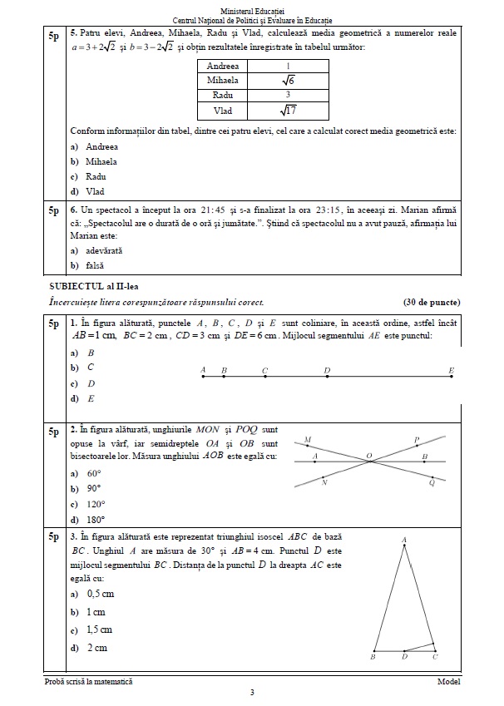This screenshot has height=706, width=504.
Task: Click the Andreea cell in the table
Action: pyautogui.click(x=223, y=66)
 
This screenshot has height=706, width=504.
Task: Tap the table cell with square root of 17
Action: pyautogui.click(x=288, y=110)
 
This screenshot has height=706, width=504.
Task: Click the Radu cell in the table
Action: pyautogui.click(x=223, y=95)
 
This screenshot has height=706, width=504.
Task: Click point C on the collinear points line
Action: pyautogui.click(x=264, y=377)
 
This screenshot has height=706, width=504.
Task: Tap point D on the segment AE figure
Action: pyautogui.click(x=327, y=377)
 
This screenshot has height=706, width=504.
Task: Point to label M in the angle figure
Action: pyautogui.click(x=308, y=440)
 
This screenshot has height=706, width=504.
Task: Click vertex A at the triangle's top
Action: pyautogui.click(x=404, y=541)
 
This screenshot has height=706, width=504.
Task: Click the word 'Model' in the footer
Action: pyautogui.click(x=447, y=681)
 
